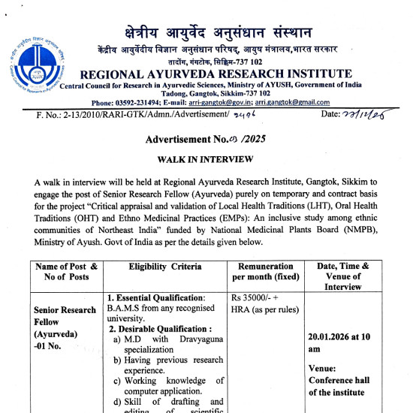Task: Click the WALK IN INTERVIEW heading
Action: pyautogui.click(x=206, y=160)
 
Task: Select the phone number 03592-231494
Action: pyautogui.click(x=161, y=102)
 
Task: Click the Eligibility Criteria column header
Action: pyautogui.click(x=165, y=267)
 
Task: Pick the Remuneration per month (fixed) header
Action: pyautogui.click(x=265, y=272)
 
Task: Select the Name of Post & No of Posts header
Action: pyautogui.click(x=66, y=271)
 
